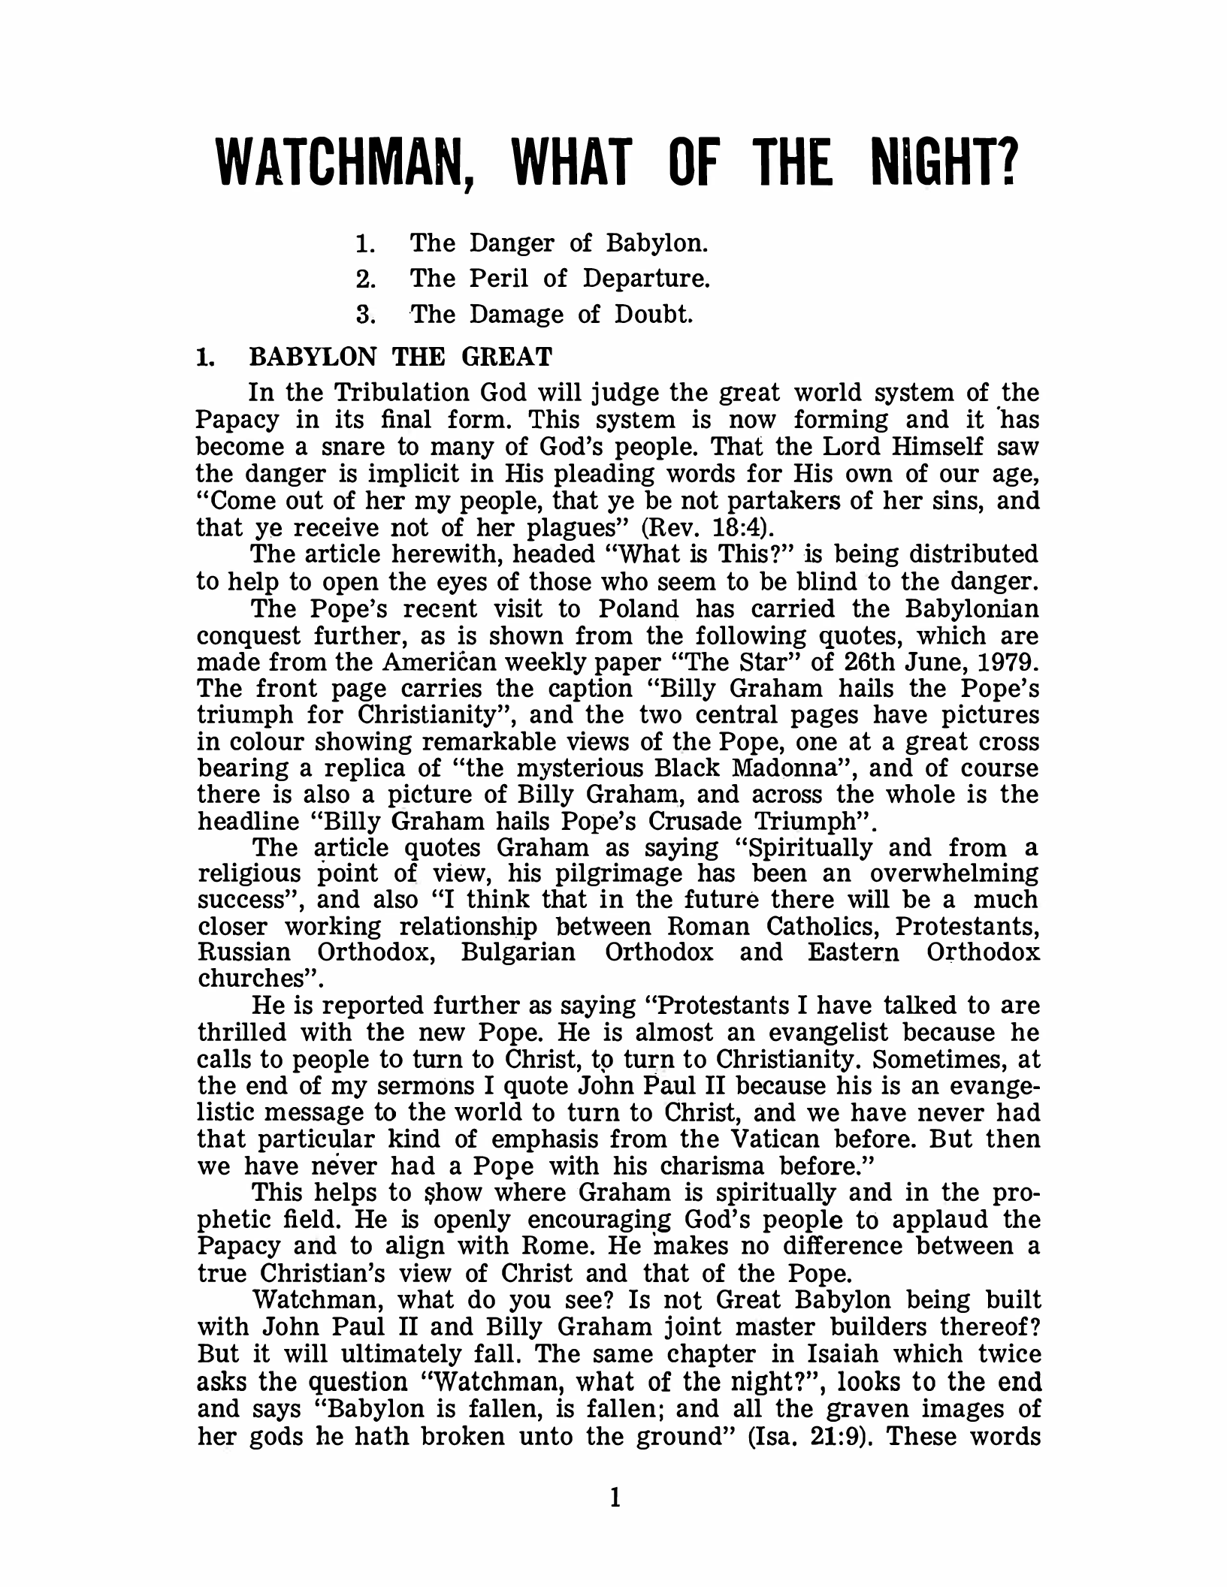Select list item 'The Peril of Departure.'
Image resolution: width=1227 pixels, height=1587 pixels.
560,279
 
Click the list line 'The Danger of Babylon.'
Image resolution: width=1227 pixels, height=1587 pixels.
560,243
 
